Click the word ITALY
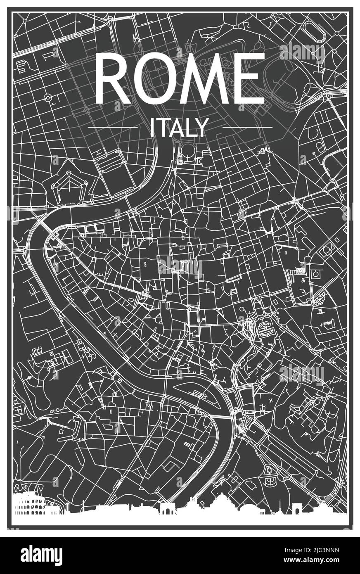pos(178,127)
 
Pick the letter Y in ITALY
pos(199,127)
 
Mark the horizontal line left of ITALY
pos(113,127)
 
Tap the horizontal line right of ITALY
pos(247,127)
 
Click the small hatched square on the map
pos(301,271)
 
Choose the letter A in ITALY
pos(175,127)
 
